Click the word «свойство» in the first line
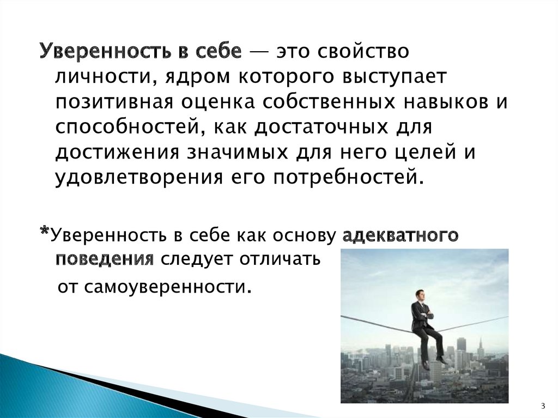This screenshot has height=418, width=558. click(x=362, y=51)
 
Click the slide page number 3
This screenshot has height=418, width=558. click(x=543, y=406)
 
